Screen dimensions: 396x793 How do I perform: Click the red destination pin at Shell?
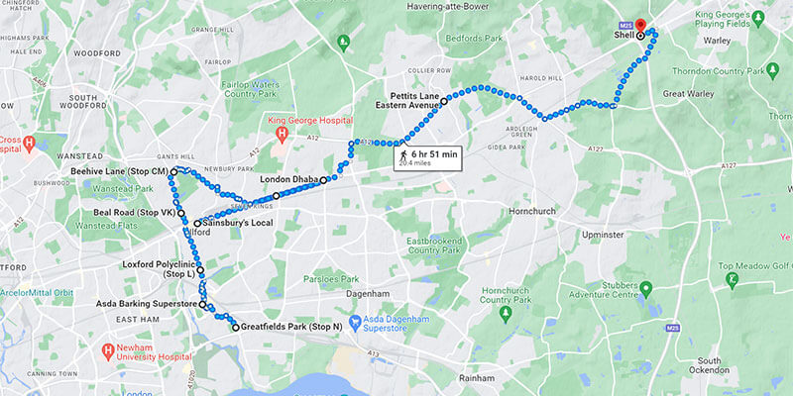tap(639, 25)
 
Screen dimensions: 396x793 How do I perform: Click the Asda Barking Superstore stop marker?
tap(202, 305)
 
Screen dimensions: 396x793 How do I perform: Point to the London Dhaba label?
tap(288, 179)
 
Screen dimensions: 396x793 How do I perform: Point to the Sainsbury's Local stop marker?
tap(197, 224)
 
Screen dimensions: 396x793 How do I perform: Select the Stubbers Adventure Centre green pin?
tap(646, 290)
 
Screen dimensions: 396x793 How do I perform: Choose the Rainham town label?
tap(480, 378)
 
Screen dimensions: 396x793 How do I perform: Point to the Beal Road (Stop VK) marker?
tap(181, 213)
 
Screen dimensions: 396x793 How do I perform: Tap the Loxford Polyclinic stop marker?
tap(200, 270)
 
